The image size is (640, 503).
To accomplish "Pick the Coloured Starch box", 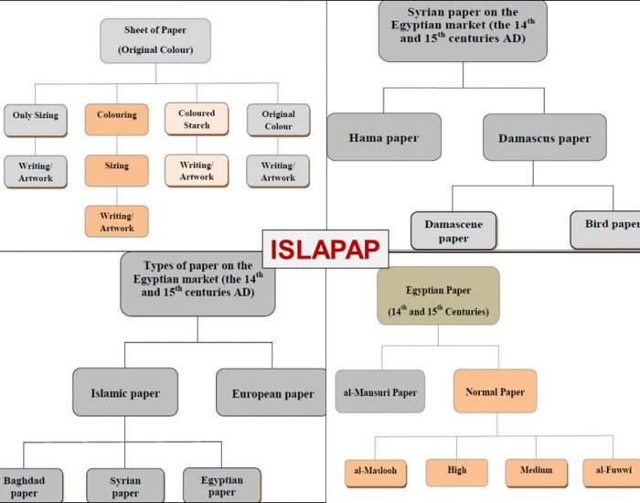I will click(197, 119).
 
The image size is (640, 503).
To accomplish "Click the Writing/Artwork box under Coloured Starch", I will click(197, 170).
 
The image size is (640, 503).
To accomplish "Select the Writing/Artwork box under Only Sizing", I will click(36, 171).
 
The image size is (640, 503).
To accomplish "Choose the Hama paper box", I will click(384, 137).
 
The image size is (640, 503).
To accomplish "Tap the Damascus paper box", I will click(545, 138).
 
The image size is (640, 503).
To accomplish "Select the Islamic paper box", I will click(125, 393).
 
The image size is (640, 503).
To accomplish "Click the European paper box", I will click(272, 393).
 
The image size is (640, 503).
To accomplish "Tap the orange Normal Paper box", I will click(495, 391).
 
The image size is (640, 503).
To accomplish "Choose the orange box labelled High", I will click(457, 471).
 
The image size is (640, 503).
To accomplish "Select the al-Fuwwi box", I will click(611, 471).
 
